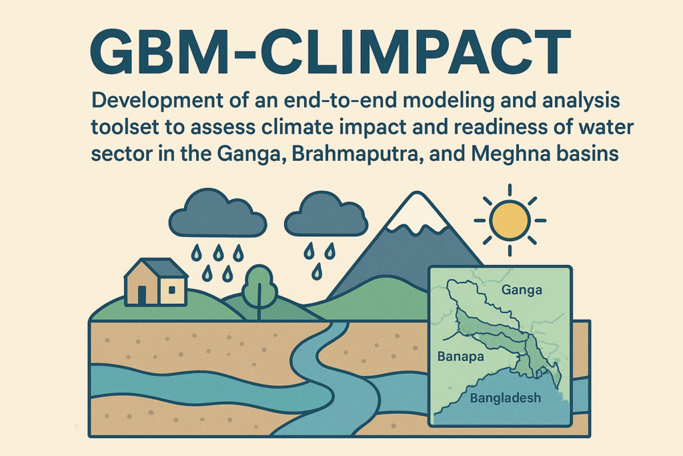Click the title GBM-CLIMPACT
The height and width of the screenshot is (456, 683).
330,52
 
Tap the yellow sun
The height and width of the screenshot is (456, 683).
510,220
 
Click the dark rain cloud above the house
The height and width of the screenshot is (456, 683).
217,213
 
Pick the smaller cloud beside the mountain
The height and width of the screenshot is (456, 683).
325,214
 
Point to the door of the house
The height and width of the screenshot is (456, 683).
142,294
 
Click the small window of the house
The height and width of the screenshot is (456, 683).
171,290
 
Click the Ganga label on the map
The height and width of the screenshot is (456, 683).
522,290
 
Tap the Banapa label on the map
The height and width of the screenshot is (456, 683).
460,357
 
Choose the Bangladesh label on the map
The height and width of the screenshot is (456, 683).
506,398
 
